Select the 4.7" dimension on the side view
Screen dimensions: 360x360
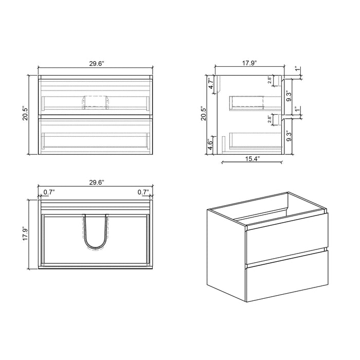210,83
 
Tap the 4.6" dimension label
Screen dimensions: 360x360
210,145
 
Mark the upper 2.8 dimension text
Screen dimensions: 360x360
270,80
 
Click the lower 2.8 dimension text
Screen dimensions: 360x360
270,119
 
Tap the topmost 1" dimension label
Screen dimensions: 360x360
296,68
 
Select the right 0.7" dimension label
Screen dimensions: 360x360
142,192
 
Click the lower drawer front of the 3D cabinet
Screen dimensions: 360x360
287,278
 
